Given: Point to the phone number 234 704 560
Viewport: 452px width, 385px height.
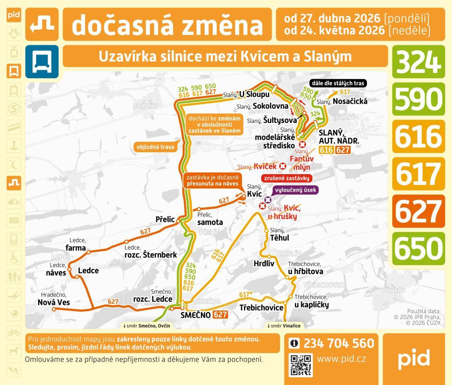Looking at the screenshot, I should (339, 343).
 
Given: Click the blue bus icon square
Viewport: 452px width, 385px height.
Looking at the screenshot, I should (42, 62).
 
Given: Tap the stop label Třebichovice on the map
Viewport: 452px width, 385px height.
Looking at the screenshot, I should (261, 308).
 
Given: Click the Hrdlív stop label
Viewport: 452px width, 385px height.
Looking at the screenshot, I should (264, 264).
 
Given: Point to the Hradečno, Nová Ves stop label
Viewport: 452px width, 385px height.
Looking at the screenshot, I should (53, 299).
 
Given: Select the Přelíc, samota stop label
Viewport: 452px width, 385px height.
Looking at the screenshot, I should (210, 219).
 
